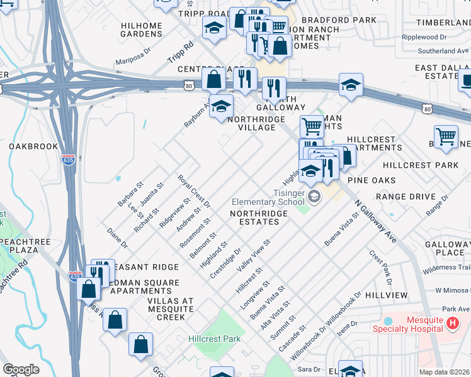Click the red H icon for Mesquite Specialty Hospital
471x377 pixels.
coord(451,323)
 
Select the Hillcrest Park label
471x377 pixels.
coord(214,339)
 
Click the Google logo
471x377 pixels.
coord(21,369)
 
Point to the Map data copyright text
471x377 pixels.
coord(445,372)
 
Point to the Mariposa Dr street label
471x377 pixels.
coord(133,57)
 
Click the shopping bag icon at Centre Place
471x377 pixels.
coord(213,79)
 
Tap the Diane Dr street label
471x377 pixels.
coord(117,238)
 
